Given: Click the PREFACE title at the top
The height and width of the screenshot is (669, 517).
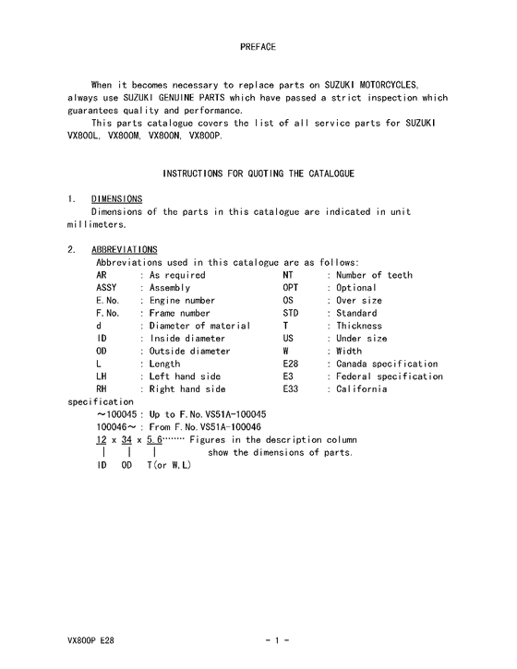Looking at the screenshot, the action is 258,45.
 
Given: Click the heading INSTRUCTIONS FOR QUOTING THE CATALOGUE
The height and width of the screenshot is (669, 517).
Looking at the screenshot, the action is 258,173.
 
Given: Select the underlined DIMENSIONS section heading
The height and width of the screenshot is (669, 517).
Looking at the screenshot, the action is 116,198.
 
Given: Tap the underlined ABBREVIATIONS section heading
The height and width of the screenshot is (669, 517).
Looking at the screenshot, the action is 125,249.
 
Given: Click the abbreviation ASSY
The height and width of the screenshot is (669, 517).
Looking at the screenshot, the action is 107,287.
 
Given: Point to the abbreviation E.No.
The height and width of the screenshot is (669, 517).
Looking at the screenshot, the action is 109,300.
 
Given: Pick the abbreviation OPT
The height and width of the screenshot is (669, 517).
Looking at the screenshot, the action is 291,287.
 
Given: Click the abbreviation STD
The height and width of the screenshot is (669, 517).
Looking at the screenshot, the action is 291,313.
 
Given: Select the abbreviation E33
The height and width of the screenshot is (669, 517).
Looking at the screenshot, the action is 291,389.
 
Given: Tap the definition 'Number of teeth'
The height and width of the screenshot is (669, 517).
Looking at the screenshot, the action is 374,275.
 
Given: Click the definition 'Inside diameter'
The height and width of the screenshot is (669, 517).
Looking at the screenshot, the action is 186,339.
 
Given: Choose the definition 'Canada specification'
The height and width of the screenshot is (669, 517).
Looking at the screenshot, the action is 387,364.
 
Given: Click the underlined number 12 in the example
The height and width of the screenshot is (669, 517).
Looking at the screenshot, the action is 102,440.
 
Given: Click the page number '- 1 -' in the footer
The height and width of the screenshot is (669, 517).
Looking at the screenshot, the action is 277,639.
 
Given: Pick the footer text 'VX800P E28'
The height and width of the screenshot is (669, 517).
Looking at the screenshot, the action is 90,639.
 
